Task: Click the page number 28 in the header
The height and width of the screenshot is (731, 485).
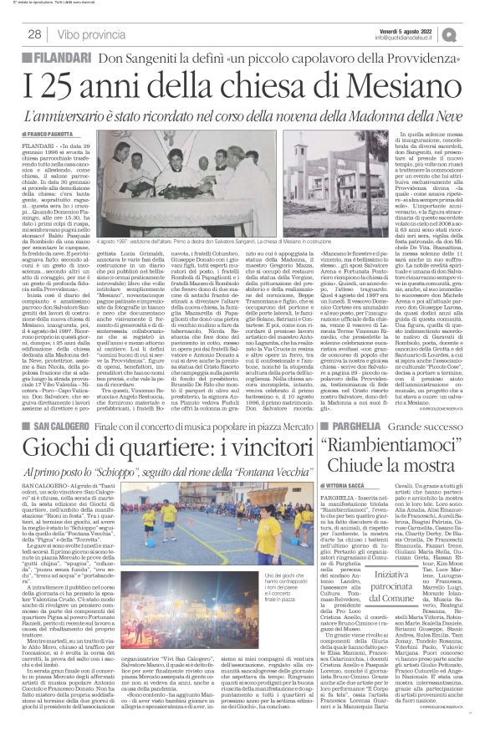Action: (x=35, y=33)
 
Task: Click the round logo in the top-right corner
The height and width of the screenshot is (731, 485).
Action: (x=472, y=33)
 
